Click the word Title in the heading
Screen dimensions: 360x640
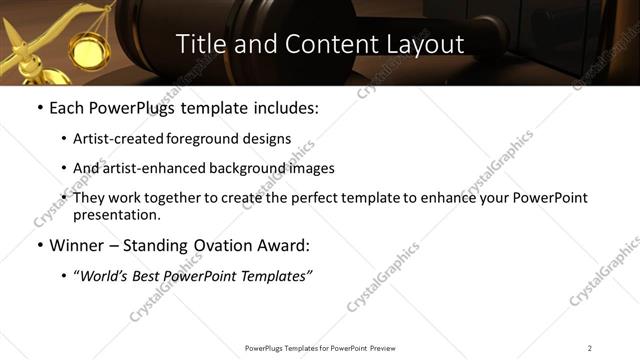[203, 44]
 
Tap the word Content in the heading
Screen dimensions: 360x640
[322, 44]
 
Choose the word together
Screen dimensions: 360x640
[178, 198]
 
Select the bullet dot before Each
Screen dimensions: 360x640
[39, 108]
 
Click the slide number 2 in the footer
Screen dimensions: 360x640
[590, 348]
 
